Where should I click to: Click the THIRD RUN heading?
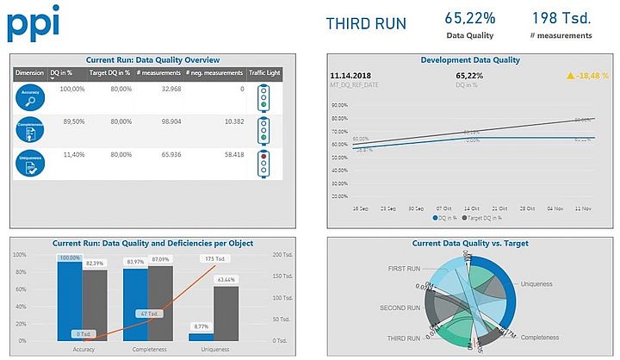pos(366,23)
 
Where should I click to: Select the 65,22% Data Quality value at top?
pos(469,17)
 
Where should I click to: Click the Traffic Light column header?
pos(264,73)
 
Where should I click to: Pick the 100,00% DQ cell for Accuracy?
pos(72,89)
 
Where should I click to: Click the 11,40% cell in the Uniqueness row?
pos(73,154)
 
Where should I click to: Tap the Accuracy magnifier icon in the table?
pos(29,97)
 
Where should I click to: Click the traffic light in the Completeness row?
pos(263,130)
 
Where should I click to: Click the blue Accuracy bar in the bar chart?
pos(69,301)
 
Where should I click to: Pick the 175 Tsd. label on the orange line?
pos(214,258)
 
